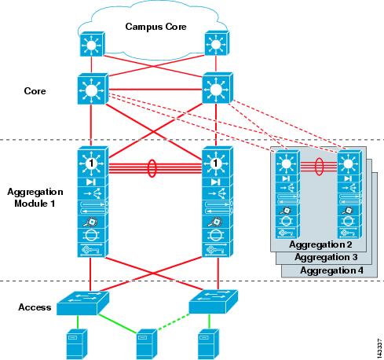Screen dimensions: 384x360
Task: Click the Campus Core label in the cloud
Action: tap(155, 27)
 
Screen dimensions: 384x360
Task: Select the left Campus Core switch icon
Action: tap(92, 44)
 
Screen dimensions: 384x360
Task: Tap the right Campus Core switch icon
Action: tap(217, 43)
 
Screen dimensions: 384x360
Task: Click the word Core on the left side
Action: tap(35, 91)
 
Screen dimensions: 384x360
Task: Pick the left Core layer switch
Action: tap(93, 89)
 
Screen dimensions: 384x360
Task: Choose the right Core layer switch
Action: tap(218, 88)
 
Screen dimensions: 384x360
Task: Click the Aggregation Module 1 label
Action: tap(35, 197)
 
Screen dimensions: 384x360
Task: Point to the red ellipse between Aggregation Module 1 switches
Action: tap(152, 168)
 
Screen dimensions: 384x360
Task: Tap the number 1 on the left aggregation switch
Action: tap(91, 163)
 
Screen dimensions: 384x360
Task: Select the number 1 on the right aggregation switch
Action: tap(215, 163)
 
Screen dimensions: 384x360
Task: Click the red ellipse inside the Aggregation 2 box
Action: tap(319, 167)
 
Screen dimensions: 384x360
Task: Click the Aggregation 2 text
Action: tap(320, 244)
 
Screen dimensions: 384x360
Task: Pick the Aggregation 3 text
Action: tap(326, 257)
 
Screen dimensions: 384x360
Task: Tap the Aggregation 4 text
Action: tap(331, 270)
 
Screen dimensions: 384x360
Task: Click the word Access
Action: tap(35, 307)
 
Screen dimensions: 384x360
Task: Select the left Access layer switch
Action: tap(82, 303)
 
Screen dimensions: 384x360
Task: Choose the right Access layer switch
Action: tap(214, 302)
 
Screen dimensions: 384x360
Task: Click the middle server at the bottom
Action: tap(147, 344)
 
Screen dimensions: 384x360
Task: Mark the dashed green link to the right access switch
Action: tap(173, 321)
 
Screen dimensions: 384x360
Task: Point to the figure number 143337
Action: tap(379, 348)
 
